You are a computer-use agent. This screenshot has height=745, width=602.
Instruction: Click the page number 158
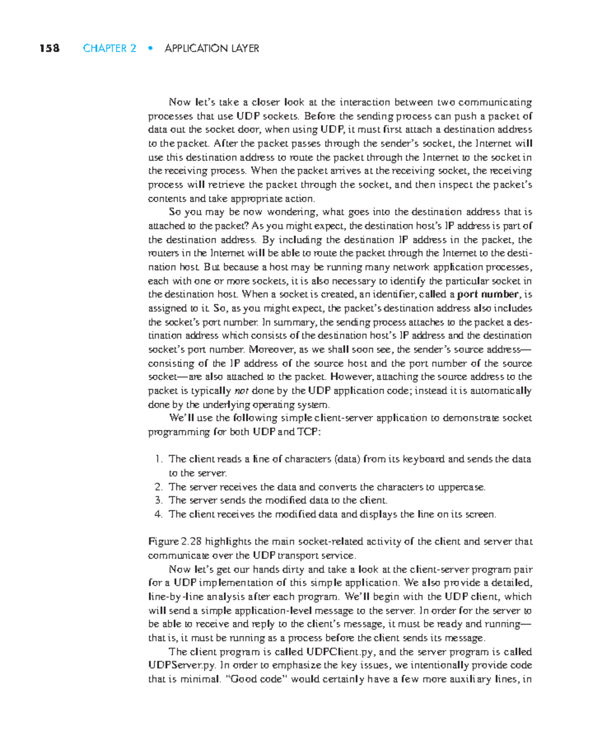(x=50, y=48)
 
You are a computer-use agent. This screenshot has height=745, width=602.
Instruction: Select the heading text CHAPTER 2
(x=109, y=48)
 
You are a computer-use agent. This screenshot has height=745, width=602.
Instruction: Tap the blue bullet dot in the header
(x=149, y=48)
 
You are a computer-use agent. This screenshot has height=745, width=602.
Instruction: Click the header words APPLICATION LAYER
(x=211, y=48)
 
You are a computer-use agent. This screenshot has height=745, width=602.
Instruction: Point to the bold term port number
(x=487, y=294)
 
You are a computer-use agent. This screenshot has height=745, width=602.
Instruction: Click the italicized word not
(x=241, y=391)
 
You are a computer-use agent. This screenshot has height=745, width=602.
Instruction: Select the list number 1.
(x=158, y=459)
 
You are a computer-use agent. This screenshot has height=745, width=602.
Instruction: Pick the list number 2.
(x=158, y=487)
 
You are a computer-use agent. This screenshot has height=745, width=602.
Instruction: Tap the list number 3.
(x=158, y=501)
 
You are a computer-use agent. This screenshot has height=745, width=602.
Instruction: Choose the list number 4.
(x=158, y=514)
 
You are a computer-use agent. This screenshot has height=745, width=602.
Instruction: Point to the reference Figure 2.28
(x=175, y=542)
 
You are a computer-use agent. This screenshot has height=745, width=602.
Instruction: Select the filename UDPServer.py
(x=182, y=665)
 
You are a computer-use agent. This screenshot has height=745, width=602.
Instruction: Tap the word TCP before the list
(x=308, y=432)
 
